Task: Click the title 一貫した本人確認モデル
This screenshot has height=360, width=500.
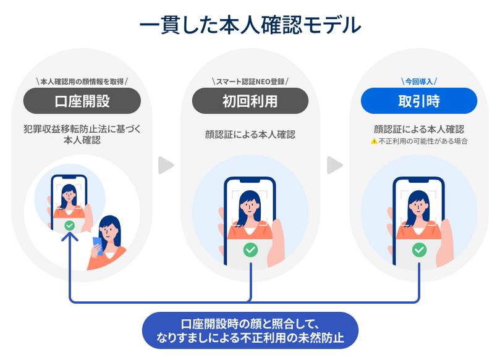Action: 250,26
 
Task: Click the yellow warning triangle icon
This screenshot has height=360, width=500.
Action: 373,141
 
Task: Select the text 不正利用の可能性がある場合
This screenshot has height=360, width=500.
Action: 423,141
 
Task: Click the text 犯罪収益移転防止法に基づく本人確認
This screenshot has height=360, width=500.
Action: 82,135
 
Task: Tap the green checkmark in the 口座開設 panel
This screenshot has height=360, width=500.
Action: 70,226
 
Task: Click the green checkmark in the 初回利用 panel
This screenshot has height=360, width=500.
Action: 250,250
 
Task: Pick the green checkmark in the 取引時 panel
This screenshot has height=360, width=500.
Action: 419,249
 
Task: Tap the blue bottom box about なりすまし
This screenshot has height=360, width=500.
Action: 250,331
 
